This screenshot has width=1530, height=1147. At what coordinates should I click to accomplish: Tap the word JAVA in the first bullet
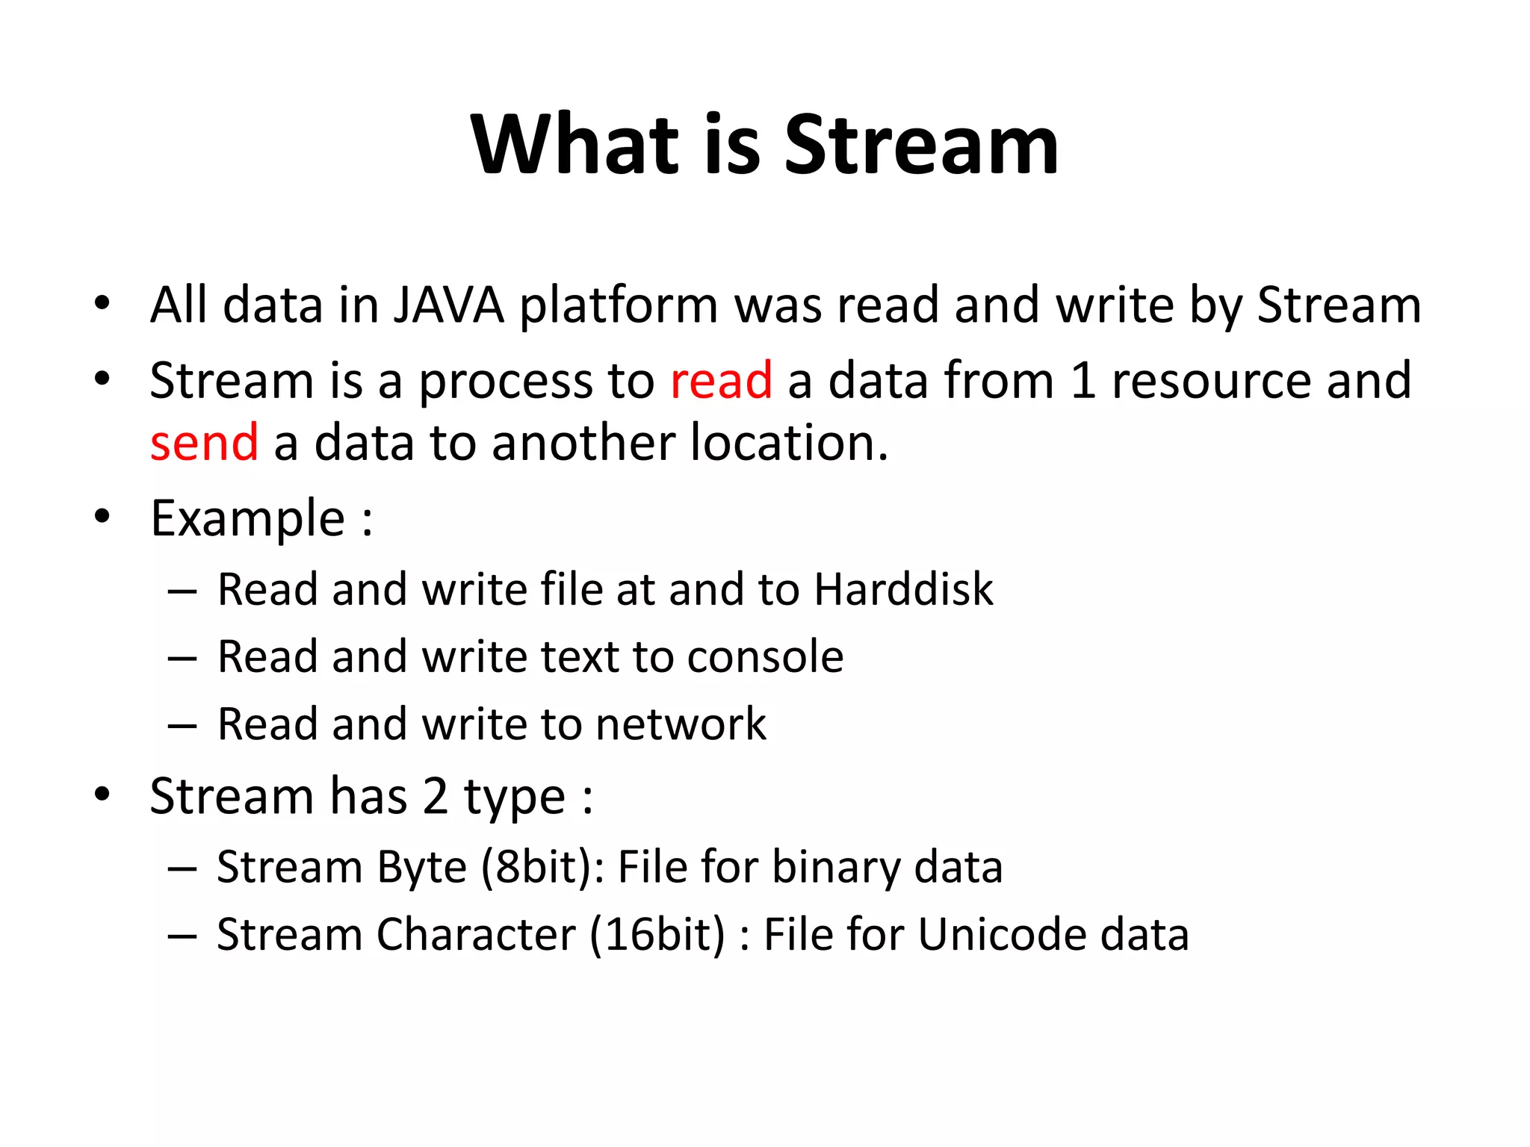click(449, 305)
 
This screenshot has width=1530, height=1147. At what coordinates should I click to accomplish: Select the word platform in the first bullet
click(619, 305)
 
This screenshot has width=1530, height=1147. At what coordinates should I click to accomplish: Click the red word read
click(721, 381)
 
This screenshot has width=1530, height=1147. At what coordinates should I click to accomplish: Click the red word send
click(204, 443)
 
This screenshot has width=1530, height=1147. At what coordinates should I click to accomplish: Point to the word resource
click(1211, 381)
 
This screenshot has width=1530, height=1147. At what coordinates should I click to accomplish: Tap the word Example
click(247, 518)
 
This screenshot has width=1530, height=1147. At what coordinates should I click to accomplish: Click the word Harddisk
click(903, 589)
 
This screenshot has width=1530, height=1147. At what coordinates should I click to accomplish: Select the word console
click(765, 657)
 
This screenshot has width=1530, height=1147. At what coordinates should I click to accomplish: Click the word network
click(681, 724)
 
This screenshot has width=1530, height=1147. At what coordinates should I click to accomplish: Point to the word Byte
click(421, 868)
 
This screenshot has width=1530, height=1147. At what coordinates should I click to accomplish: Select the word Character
click(476, 935)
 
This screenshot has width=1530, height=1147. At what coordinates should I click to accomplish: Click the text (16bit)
click(657, 935)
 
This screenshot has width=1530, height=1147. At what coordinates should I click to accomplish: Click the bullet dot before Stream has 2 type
click(102, 795)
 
